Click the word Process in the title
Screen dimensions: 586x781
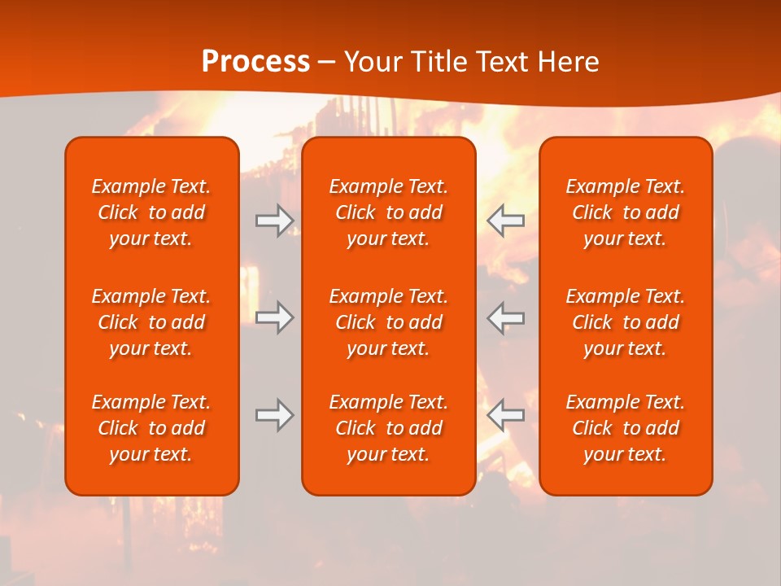point(255,62)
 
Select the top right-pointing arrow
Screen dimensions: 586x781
point(275,220)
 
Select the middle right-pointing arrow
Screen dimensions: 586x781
point(275,317)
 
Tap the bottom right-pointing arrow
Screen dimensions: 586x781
point(275,415)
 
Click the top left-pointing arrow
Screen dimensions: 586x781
point(505,220)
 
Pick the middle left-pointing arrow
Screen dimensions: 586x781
point(505,317)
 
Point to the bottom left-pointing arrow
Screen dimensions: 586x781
point(505,415)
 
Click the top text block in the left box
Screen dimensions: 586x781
point(151,212)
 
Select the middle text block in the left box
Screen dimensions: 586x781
point(151,322)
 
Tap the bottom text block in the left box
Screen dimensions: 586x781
point(151,428)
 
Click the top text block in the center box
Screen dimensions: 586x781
point(389,212)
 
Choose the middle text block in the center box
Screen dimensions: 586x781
point(389,322)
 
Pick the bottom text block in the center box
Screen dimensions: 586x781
point(389,428)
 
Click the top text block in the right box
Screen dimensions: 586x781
point(626,212)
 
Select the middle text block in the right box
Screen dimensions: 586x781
point(626,322)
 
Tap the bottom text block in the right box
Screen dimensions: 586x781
point(626,428)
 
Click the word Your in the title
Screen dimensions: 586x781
point(372,62)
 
